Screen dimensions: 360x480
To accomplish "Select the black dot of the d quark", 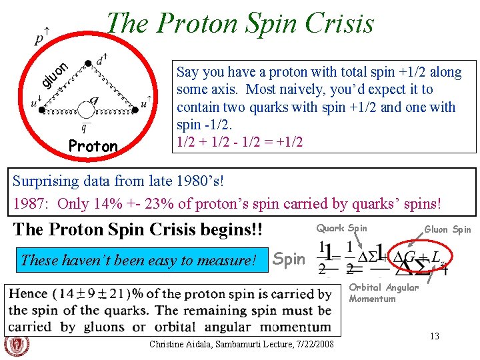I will tap(88, 65).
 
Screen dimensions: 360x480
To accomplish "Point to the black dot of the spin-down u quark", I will tap(43, 111).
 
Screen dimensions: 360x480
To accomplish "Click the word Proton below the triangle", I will tap(93, 146).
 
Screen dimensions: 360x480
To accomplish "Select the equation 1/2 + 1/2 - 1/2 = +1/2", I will tap(239, 142).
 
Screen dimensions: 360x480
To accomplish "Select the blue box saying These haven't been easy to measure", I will tap(139, 260).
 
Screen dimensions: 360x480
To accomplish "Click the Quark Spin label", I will tap(341, 228).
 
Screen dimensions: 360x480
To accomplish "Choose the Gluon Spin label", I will tap(447, 229).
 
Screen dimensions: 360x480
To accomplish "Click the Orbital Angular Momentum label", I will tap(383, 293).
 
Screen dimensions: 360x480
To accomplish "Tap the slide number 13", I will tap(434, 336).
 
